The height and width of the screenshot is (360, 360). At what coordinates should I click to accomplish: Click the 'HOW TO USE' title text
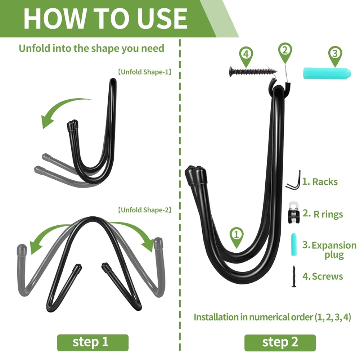pyautogui.click(x=105, y=18)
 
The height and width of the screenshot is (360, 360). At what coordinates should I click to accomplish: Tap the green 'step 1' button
pyautogui.click(x=93, y=343)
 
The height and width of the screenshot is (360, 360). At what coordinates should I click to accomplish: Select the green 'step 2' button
pyautogui.click(x=280, y=343)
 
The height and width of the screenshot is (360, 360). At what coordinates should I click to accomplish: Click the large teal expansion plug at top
pyautogui.click(x=327, y=73)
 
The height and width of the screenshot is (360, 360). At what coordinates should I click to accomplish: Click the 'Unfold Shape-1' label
pyautogui.click(x=145, y=72)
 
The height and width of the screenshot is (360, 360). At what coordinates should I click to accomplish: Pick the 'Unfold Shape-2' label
pyautogui.click(x=145, y=210)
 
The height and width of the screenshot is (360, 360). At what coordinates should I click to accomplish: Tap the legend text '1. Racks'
pyautogui.click(x=320, y=182)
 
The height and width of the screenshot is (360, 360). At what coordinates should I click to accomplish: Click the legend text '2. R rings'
pyautogui.click(x=323, y=214)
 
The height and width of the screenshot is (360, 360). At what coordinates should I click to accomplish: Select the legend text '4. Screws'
pyautogui.click(x=323, y=276)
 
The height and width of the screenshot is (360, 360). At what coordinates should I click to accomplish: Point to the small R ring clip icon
pyautogui.click(x=294, y=213)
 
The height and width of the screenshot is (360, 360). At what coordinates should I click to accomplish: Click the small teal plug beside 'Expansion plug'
pyautogui.click(x=294, y=244)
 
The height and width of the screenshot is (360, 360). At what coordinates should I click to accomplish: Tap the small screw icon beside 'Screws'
pyautogui.click(x=294, y=276)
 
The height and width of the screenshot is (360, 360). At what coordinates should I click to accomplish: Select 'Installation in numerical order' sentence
pyautogui.click(x=272, y=317)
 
